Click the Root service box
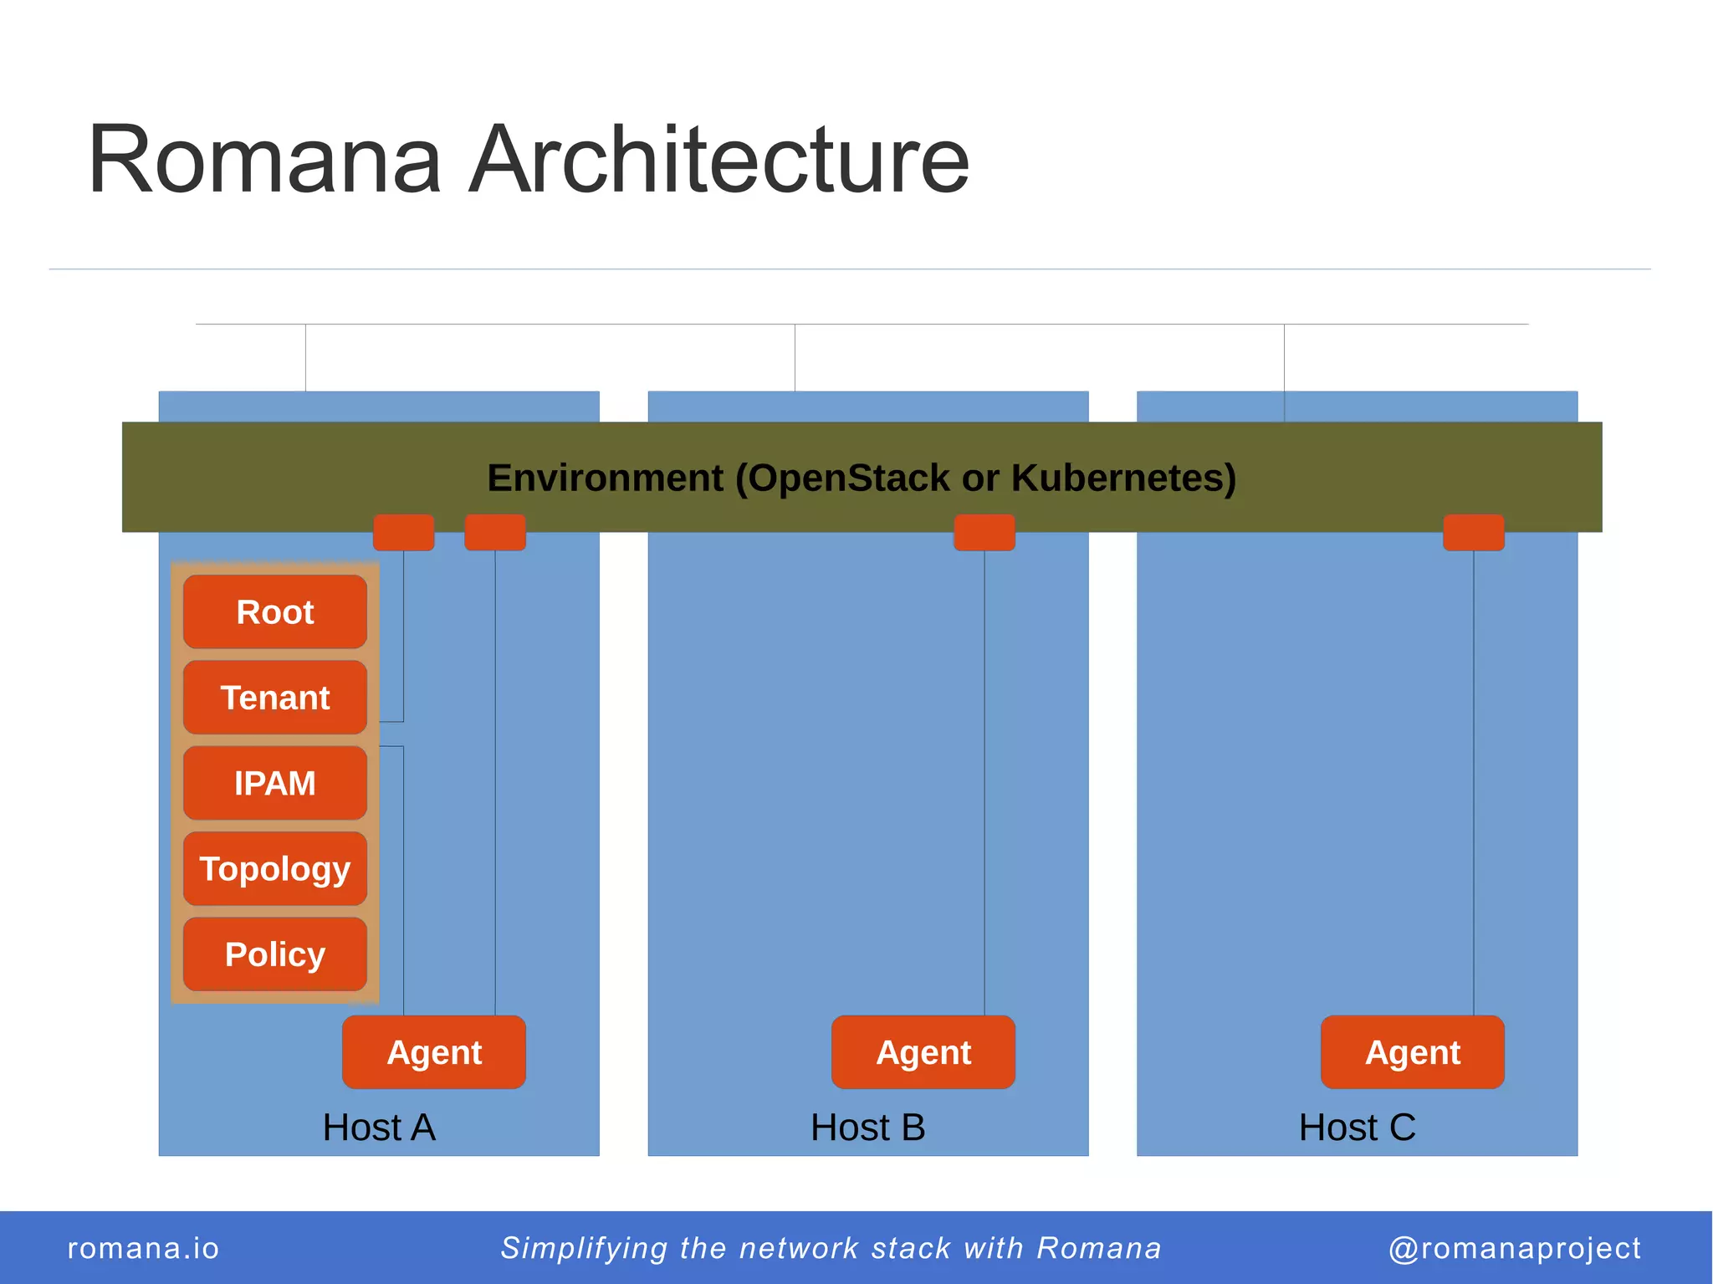click(274, 611)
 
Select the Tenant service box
click(274, 698)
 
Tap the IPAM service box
click(274, 783)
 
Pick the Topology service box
click(274, 868)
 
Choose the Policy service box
click(274, 954)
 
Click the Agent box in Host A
click(434, 1052)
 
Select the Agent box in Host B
click(923, 1052)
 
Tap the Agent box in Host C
click(1412, 1052)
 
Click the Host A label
click(379, 1128)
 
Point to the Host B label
click(867, 1128)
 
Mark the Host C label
click(1357, 1128)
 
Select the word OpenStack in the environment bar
click(847, 478)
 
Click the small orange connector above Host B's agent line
click(984, 533)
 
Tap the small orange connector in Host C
click(1473, 533)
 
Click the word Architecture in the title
click(718, 160)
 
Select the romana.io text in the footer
click(143, 1248)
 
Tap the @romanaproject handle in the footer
click(1514, 1248)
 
